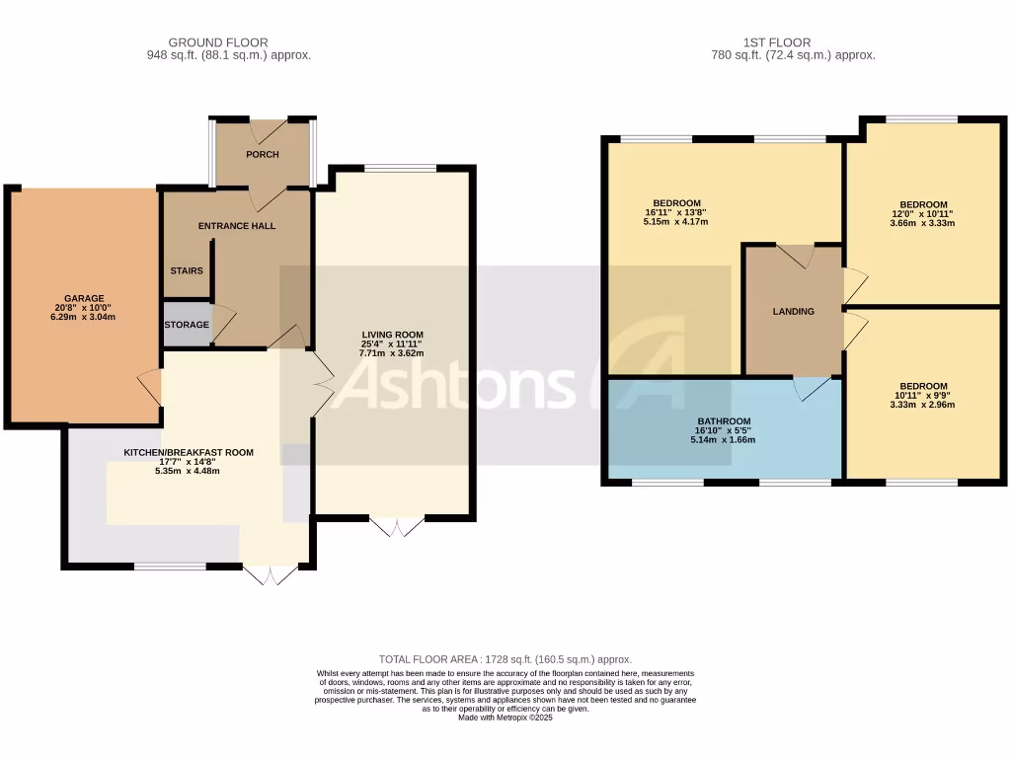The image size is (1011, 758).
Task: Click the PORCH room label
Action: (263, 155)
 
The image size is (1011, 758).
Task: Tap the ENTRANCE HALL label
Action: (237, 226)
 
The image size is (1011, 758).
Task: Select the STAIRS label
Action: (187, 270)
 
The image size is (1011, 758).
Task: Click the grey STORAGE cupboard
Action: (187, 325)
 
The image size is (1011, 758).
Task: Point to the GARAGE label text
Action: (84, 297)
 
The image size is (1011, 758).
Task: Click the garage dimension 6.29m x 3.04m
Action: (84, 318)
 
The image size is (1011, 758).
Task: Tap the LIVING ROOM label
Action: (392, 335)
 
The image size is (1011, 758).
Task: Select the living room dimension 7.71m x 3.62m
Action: (392, 352)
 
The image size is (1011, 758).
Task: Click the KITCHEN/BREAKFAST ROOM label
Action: (189, 453)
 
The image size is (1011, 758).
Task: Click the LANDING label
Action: (794, 312)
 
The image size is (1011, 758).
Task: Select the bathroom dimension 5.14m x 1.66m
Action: (724, 440)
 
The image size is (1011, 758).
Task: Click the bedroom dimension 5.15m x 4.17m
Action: (675, 222)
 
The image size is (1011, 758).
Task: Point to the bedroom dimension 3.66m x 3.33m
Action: (923, 223)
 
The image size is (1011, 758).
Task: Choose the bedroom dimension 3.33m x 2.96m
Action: (923, 405)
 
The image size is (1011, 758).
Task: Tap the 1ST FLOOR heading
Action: (777, 42)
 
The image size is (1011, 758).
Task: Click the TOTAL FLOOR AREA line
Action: (505, 659)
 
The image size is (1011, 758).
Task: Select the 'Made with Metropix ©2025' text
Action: (505, 718)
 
